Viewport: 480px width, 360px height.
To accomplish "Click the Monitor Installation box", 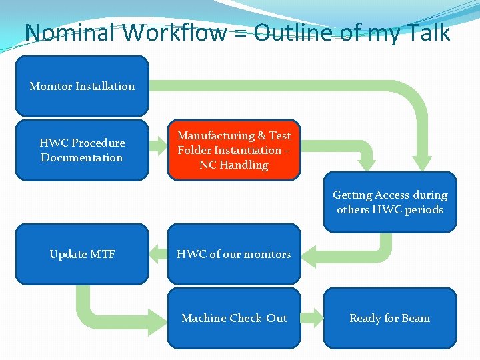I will [x=82, y=86].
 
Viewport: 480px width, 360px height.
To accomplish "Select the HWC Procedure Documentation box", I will [x=82, y=150].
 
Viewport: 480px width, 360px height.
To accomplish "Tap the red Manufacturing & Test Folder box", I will [x=234, y=150].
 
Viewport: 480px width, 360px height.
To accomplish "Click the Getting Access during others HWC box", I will [x=390, y=202].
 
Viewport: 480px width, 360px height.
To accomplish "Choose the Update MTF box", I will [x=82, y=254].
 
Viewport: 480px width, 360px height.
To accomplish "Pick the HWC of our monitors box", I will [x=234, y=254].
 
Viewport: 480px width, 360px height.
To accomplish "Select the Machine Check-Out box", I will [x=234, y=318].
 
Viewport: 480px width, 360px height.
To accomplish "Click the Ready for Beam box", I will [x=390, y=318].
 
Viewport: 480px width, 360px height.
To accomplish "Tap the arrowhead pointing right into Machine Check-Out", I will [x=159, y=318].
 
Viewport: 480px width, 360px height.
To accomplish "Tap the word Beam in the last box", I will [x=415, y=318].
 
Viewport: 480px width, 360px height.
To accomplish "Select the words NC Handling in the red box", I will [x=234, y=165].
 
